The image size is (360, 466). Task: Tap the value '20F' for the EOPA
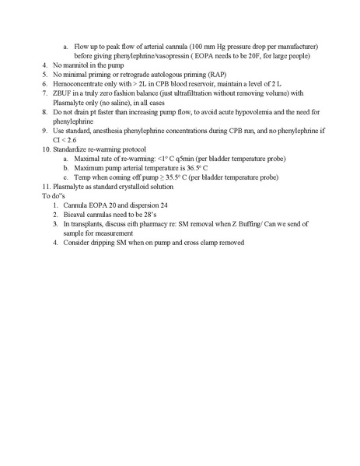(254, 57)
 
